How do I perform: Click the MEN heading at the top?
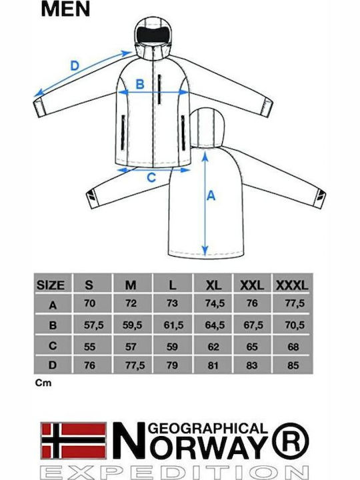(65, 9)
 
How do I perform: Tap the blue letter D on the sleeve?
(75, 66)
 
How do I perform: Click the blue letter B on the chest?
(139, 84)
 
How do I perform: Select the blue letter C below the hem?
(151, 177)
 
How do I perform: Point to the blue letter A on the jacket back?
(211, 195)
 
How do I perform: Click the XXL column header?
(251, 285)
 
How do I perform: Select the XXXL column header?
(292, 285)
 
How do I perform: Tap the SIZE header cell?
(51, 285)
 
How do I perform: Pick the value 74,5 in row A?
(215, 303)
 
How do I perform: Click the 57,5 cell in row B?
(94, 325)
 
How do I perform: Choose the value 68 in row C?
(293, 347)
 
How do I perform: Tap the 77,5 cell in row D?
(135, 365)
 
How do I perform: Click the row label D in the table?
(53, 365)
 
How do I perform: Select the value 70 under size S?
(90, 303)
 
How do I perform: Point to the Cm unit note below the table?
(43, 383)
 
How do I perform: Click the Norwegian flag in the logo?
(74, 441)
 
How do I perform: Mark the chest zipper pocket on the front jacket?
(159, 89)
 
